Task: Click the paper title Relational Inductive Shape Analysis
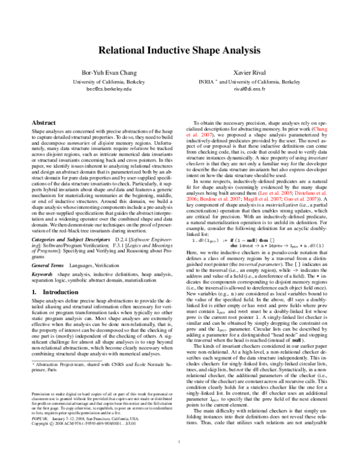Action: [180, 53]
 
